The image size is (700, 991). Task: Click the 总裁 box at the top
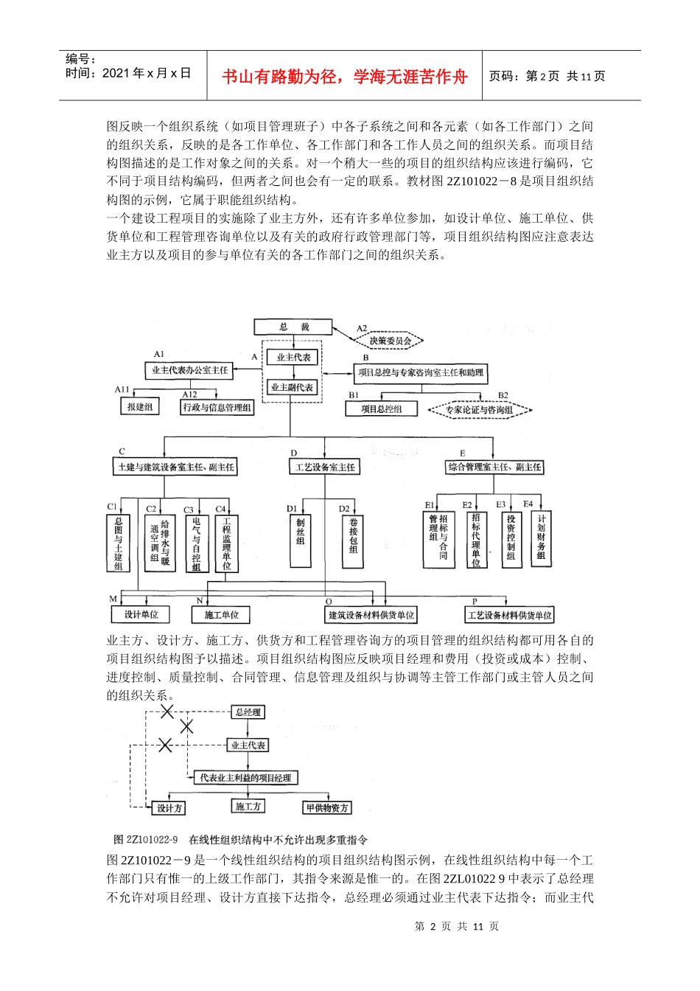pyautogui.click(x=293, y=327)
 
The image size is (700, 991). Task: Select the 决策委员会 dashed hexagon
pyautogui.click(x=390, y=341)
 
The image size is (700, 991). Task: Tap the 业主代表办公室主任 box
pyautogui.click(x=189, y=370)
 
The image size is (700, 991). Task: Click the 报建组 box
pyautogui.click(x=139, y=406)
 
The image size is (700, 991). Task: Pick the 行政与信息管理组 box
pyautogui.click(x=217, y=407)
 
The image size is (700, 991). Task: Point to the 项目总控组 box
pyautogui.click(x=381, y=408)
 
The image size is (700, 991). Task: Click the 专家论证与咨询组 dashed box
pyautogui.click(x=479, y=410)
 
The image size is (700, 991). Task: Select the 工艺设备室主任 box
pyautogui.click(x=325, y=467)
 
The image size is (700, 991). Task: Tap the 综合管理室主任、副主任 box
pyautogui.click(x=494, y=467)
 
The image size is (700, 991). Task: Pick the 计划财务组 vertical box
pyautogui.click(x=542, y=539)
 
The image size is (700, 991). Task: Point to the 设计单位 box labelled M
pyautogui.click(x=141, y=614)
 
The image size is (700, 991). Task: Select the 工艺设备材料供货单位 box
pyautogui.click(x=510, y=615)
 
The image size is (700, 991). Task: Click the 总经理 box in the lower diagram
pyautogui.click(x=248, y=712)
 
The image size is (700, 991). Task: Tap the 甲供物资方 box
pyautogui.click(x=327, y=808)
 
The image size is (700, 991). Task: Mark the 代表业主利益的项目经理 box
pyautogui.click(x=245, y=778)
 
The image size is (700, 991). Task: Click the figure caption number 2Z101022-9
pyautogui.click(x=153, y=840)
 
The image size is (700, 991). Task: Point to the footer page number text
pyautogui.click(x=457, y=927)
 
